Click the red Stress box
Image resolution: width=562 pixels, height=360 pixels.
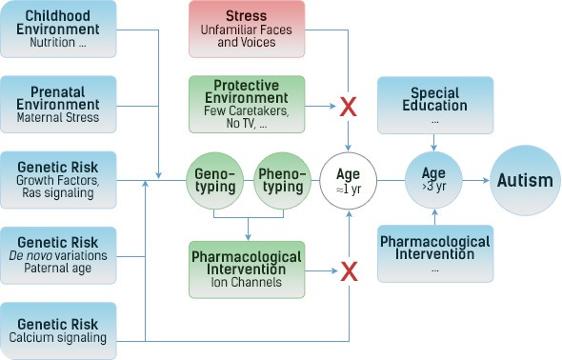click(247, 29)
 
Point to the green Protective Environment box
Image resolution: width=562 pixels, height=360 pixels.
click(247, 104)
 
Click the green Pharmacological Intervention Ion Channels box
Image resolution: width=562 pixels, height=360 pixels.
click(247, 270)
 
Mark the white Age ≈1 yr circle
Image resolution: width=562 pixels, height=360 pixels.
click(349, 179)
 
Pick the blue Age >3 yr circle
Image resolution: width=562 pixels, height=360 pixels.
click(434, 179)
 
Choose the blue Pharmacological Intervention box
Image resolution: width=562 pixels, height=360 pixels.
click(434, 253)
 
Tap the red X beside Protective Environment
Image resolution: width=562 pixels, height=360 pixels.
click(349, 105)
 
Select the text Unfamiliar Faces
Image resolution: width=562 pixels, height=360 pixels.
click(247, 30)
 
